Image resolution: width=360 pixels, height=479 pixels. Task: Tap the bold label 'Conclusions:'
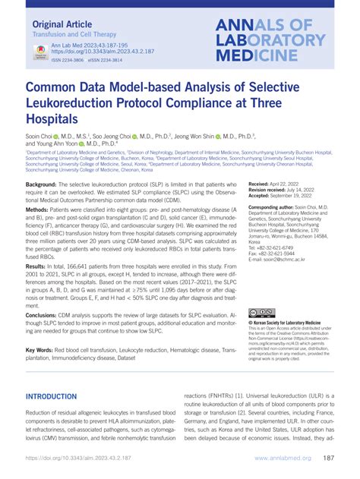46,314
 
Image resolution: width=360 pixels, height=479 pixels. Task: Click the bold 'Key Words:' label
42,350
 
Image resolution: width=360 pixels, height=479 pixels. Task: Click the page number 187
330,459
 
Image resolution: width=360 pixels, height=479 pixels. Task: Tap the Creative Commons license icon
261,312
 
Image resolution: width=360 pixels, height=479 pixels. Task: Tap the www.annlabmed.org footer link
280,459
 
